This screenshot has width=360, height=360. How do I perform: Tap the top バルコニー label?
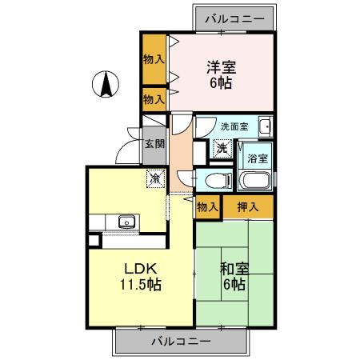click(x=234, y=17)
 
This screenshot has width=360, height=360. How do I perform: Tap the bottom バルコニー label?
click(x=180, y=342)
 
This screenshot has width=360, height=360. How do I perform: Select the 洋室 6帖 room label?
click(x=222, y=74)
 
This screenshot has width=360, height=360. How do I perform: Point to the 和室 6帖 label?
click(x=234, y=276)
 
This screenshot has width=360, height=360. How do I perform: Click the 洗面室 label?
click(x=234, y=126)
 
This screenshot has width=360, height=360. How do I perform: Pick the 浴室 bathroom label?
click(x=258, y=158)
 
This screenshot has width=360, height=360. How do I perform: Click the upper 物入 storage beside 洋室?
click(x=154, y=58)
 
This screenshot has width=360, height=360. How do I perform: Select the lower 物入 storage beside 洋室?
click(x=154, y=99)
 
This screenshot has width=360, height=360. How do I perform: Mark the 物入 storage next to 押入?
click(x=206, y=207)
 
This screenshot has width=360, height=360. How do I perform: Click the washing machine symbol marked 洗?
click(x=222, y=148)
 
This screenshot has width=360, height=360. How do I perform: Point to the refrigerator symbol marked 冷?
click(x=154, y=178)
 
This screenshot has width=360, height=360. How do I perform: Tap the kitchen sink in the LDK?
click(x=125, y=222)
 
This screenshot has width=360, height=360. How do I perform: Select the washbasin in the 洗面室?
click(x=265, y=126)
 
